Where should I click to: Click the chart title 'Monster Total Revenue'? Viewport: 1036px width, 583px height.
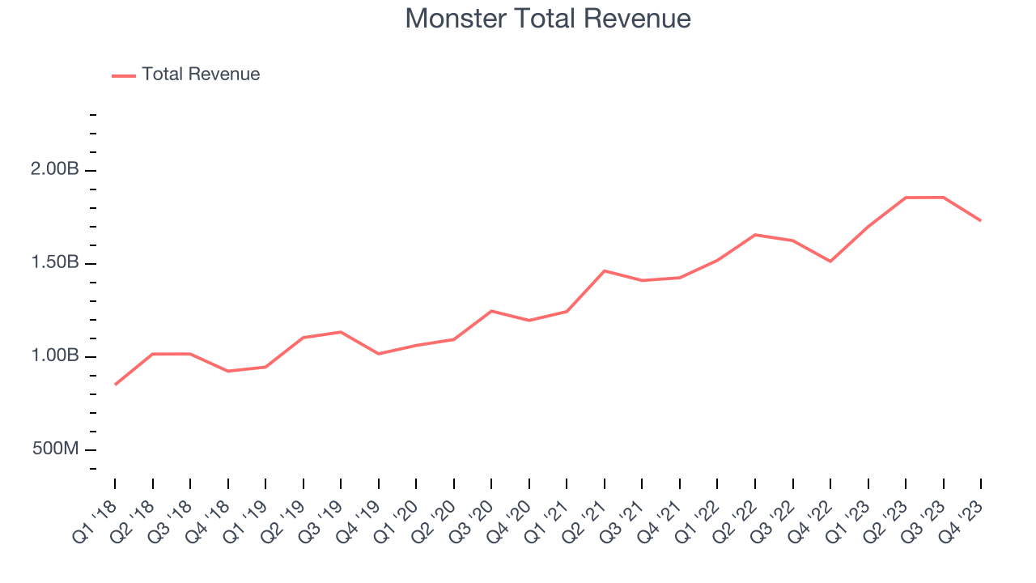[x=548, y=19]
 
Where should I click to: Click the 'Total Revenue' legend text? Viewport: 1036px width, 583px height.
[x=201, y=74]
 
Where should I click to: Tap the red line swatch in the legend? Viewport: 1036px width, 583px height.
[x=124, y=75]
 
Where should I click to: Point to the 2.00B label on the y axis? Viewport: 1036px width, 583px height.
[x=56, y=170]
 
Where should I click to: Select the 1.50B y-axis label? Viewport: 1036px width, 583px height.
[x=56, y=263]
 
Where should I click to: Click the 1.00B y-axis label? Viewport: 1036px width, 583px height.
[x=56, y=356]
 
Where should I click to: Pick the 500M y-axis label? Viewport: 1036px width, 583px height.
[x=56, y=449]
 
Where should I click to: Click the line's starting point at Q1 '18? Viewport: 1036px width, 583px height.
[x=115, y=385]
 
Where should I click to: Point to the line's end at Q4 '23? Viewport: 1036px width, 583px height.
[x=981, y=220]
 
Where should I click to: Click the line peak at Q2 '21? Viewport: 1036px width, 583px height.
[x=605, y=270]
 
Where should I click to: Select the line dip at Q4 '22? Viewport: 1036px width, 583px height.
[x=830, y=262]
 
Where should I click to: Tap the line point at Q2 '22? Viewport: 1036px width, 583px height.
[x=755, y=235]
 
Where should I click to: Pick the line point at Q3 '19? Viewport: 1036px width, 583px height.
[x=341, y=332]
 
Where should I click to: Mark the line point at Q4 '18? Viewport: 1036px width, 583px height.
[x=228, y=371]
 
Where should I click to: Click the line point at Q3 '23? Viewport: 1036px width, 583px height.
[x=944, y=197]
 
